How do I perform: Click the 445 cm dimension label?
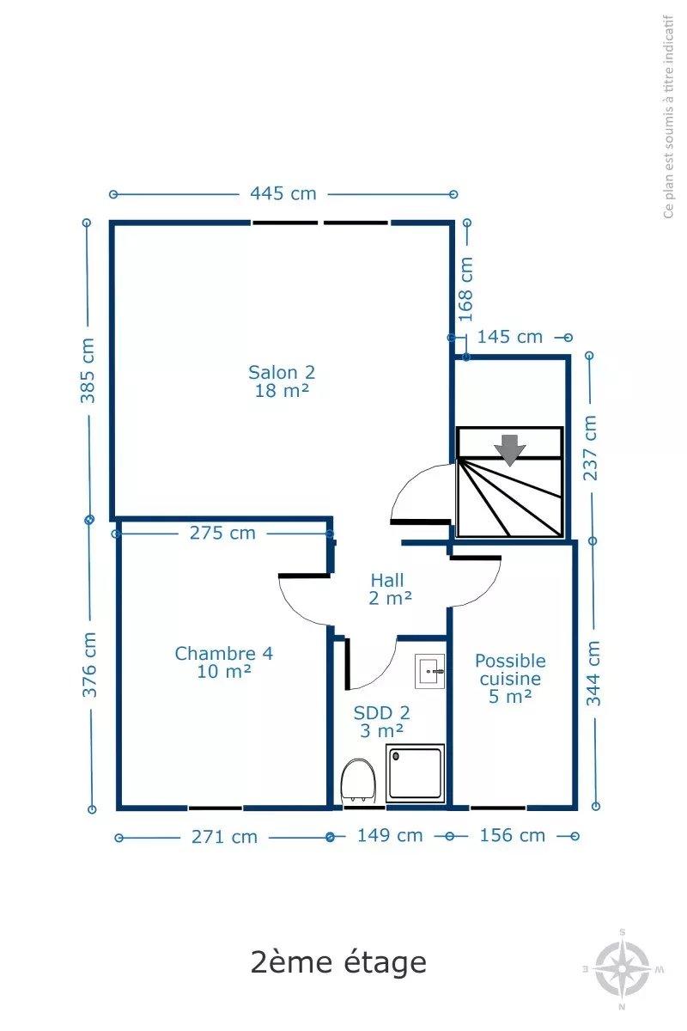pos(283,194)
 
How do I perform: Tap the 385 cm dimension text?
pos(88,370)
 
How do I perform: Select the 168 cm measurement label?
pos(465,289)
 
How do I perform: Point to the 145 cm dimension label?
pos(509,337)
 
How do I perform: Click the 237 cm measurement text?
pos(590,448)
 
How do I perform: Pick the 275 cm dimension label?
pos(222,533)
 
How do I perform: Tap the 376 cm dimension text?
pos(89,664)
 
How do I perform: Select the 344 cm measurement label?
pos(593,673)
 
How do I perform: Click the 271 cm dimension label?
pos(224,837)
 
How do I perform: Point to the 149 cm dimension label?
pos(390,835)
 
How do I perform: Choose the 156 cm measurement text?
pos(512,835)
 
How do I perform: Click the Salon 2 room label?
pos(282,381)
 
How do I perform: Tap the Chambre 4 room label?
pos(223,662)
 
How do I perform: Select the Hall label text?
pos(388,581)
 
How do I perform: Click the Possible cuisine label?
pos(510,669)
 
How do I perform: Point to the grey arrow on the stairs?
pos(509,450)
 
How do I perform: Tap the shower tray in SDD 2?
pos(415,773)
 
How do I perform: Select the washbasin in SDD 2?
pos(429,672)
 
